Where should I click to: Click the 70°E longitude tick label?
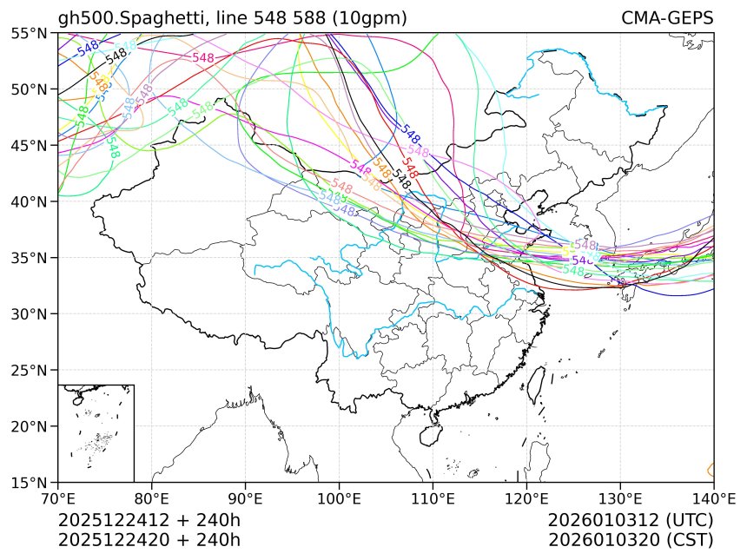[x=57, y=498]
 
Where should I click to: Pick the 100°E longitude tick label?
[x=339, y=498]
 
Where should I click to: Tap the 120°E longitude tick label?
[x=526, y=498]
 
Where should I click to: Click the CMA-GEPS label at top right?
[x=667, y=18]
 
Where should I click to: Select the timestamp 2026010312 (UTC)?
[x=631, y=520]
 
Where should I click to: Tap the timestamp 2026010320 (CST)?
[x=631, y=539]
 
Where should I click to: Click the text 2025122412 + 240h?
[x=149, y=520]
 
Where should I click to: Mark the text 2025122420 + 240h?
[x=149, y=539]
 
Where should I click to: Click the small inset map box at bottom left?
[x=96, y=432]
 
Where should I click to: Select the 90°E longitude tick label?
[x=245, y=498]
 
